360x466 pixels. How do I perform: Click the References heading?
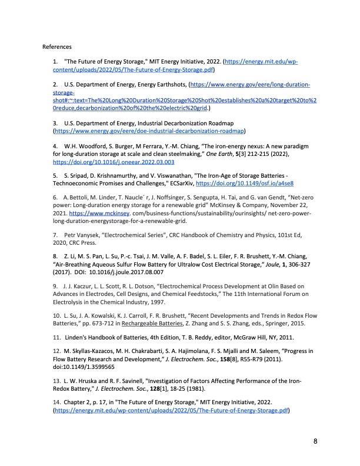[x=57, y=46]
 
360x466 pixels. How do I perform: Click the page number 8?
[x=315, y=441]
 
